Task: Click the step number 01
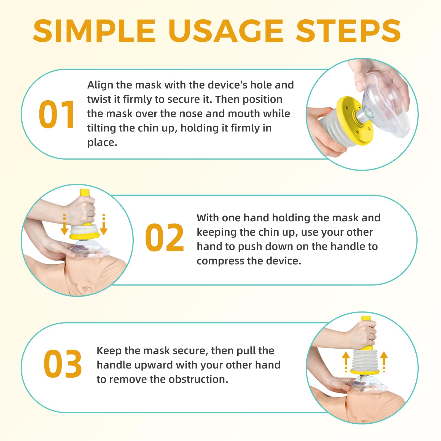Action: pyautogui.click(x=57, y=114)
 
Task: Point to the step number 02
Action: pyautogui.click(x=165, y=238)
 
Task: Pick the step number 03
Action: pyautogui.click(x=63, y=364)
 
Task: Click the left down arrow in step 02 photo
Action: pyautogui.click(x=64, y=224)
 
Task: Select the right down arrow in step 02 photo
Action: pyautogui.click(x=104, y=224)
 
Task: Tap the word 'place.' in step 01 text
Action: pyautogui.click(x=102, y=143)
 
